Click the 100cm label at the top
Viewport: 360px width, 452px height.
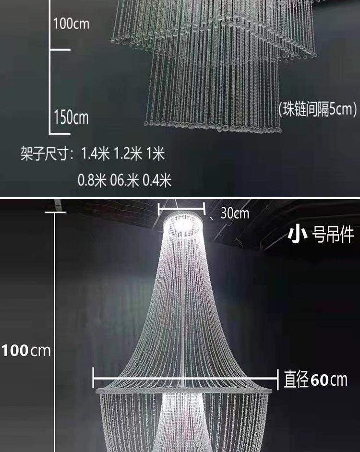pos(71,24)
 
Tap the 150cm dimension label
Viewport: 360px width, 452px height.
pos(71,118)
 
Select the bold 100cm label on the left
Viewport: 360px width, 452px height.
pos(26,351)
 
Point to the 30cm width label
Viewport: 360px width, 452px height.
pos(235,214)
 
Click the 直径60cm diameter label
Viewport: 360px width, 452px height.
pos(315,380)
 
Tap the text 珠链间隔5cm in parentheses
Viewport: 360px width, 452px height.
pos(318,109)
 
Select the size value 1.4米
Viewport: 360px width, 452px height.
pos(95,154)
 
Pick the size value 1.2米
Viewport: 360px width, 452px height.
pos(128,154)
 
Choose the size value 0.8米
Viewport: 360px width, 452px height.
pos(92,180)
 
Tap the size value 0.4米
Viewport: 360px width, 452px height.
pos(157,180)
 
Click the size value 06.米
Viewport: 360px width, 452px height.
pos(125,180)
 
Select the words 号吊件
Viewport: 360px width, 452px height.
pos(333,235)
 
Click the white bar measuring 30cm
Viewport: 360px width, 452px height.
pos(182,209)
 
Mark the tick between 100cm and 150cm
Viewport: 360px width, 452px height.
pos(60,50)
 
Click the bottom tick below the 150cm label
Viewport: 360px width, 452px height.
pos(60,133)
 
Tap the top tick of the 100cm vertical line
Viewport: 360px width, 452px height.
pos(55,213)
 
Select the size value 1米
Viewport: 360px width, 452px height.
pos(156,154)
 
